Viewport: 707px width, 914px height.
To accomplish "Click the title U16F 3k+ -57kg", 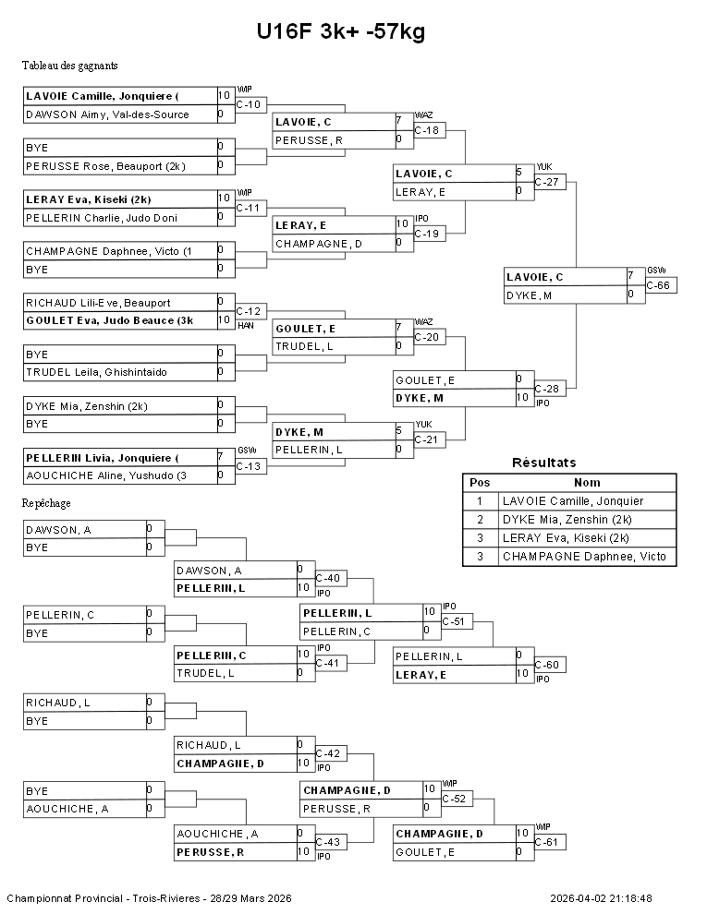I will (x=341, y=32).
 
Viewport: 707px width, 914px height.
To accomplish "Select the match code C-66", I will (x=659, y=285).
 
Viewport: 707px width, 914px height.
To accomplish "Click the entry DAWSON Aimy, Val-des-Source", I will (x=107, y=114).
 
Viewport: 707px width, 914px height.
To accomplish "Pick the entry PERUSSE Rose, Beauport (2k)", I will (x=105, y=166).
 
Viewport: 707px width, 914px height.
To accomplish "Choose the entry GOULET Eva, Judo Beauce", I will (x=109, y=320).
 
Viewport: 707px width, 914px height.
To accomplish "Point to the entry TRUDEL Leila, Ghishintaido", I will (x=96, y=372).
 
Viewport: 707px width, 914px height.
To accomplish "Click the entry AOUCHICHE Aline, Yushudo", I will (x=106, y=475).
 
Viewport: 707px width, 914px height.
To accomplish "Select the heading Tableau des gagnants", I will (x=69, y=66).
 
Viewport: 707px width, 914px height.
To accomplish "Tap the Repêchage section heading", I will (x=46, y=503).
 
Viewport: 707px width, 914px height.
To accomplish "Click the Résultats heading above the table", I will (x=543, y=463).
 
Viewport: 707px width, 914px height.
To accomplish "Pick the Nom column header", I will (x=587, y=482).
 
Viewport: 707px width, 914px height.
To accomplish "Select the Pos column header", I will (x=480, y=482).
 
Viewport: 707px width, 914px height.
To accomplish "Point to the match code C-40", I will (x=328, y=578).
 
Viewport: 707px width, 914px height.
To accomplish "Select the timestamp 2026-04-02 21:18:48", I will (x=601, y=898).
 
